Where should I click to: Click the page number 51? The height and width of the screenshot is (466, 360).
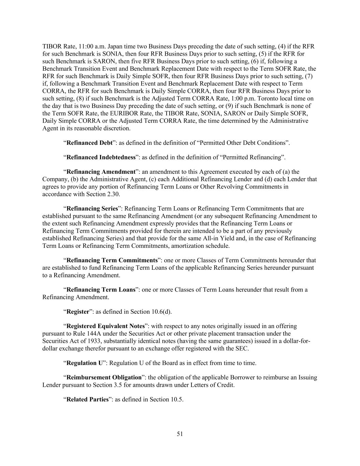(x=180, y=434)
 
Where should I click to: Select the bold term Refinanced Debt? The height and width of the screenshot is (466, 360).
(x=89, y=143)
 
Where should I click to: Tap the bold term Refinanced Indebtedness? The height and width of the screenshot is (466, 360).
(x=101, y=157)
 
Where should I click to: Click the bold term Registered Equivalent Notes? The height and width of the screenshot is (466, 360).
(x=105, y=326)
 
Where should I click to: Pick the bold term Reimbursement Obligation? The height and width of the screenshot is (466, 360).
(x=104, y=378)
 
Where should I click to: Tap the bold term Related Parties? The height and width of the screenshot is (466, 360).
(x=88, y=399)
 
